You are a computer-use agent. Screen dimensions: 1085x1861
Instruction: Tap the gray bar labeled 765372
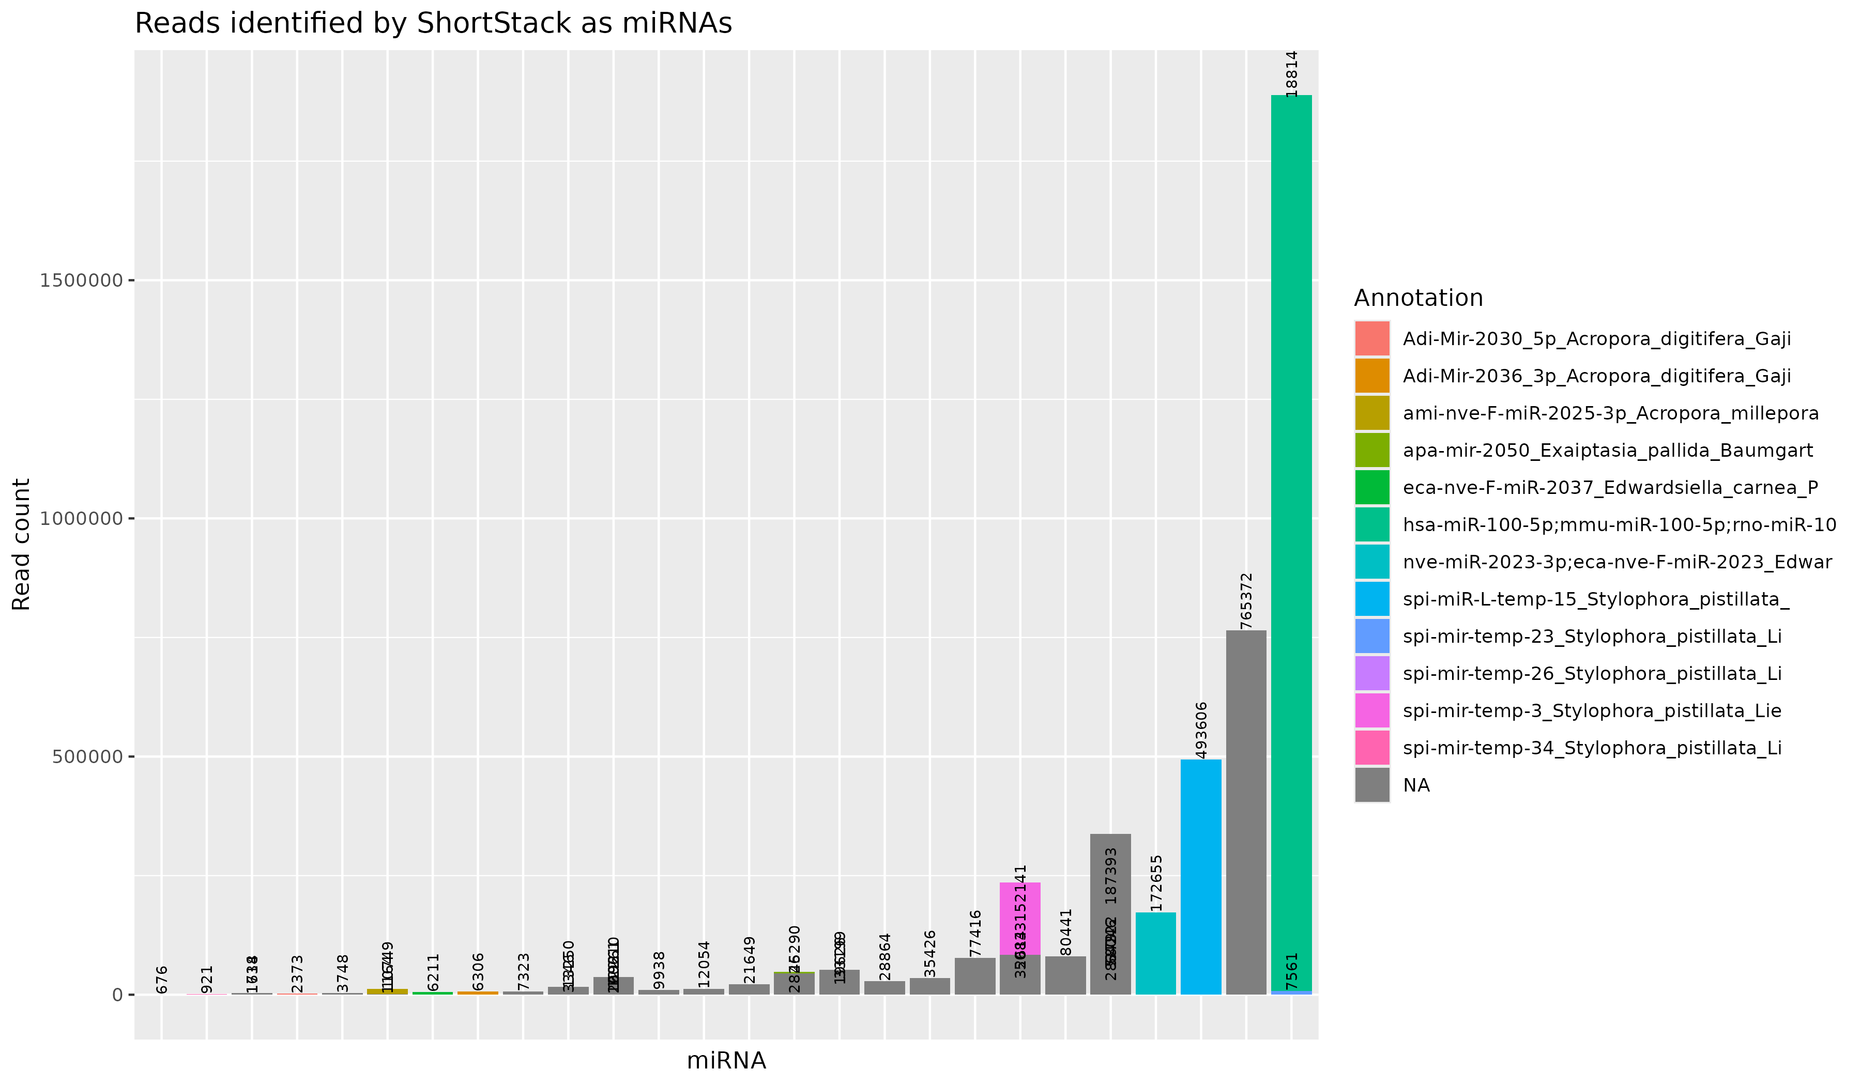pyautogui.click(x=1246, y=812)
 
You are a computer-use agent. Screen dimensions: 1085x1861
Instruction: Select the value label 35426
pyautogui.click(x=930, y=954)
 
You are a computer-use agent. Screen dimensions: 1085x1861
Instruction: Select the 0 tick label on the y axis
pyautogui.click(x=117, y=995)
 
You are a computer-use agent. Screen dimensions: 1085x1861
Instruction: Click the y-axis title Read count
pyautogui.click(x=22, y=545)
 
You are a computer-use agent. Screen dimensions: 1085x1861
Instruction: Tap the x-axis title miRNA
pyautogui.click(x=726, y=1061)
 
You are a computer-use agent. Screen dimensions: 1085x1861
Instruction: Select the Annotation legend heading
pyautogui.click(x=1418, y=298)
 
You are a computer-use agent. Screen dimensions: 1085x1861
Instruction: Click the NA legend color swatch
pyautogui.click(x=1371, y=785)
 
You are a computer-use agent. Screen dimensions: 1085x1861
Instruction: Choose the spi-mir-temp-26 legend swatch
pyautogui.click(x=1371, y=674)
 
